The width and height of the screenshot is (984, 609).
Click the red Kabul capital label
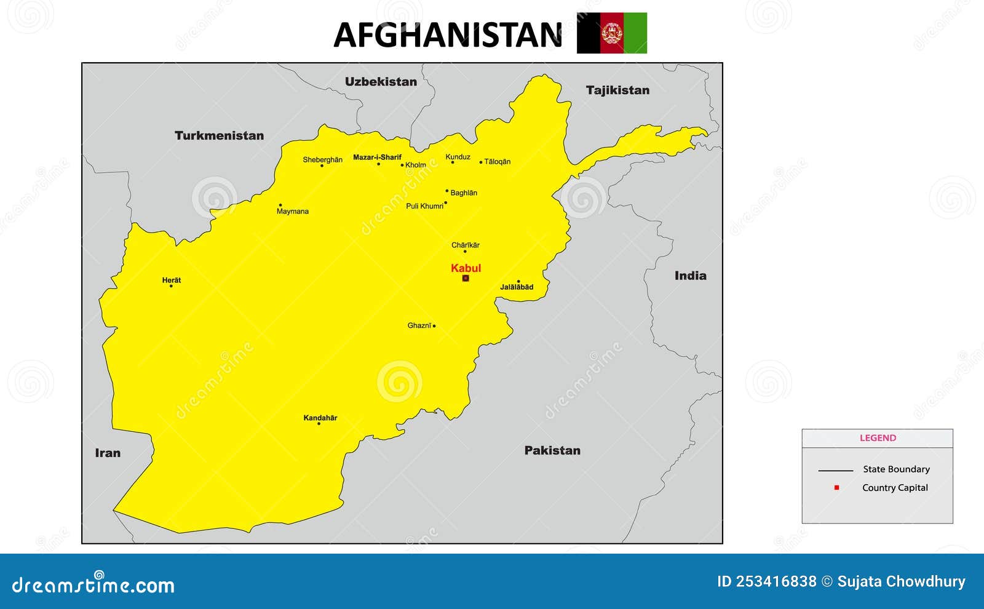tap(466, 268)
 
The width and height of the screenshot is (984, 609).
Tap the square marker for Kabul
tap(466, 278)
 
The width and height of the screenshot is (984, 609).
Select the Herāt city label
tap(172, 281)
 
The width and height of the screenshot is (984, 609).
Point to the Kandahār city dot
tap(319, 424)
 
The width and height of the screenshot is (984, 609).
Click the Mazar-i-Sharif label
tap(377, 157)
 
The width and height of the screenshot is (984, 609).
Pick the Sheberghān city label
tap(322, 160)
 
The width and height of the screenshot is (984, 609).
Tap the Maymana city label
tap(293, 212)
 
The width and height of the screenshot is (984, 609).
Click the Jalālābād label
tap(517, 287)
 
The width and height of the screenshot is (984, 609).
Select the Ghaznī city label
tap(419, 326)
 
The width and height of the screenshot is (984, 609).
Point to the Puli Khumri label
tap(424, 207)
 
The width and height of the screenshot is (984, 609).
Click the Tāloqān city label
tap(498, 162)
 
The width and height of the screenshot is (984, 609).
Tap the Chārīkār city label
tap(466, 245)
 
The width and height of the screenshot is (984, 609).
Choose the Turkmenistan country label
tap(219, 135)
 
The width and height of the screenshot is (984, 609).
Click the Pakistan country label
tap(552, 450)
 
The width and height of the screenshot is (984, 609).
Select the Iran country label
tap(108, 453)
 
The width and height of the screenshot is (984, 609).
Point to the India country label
tap(690, 276)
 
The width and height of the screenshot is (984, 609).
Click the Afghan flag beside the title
tap(612, 33)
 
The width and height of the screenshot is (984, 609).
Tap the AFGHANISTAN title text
tap(448, 35)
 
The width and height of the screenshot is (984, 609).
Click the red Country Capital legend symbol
tap(836, 487)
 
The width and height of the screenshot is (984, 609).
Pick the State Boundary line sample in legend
tap(835, 471)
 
